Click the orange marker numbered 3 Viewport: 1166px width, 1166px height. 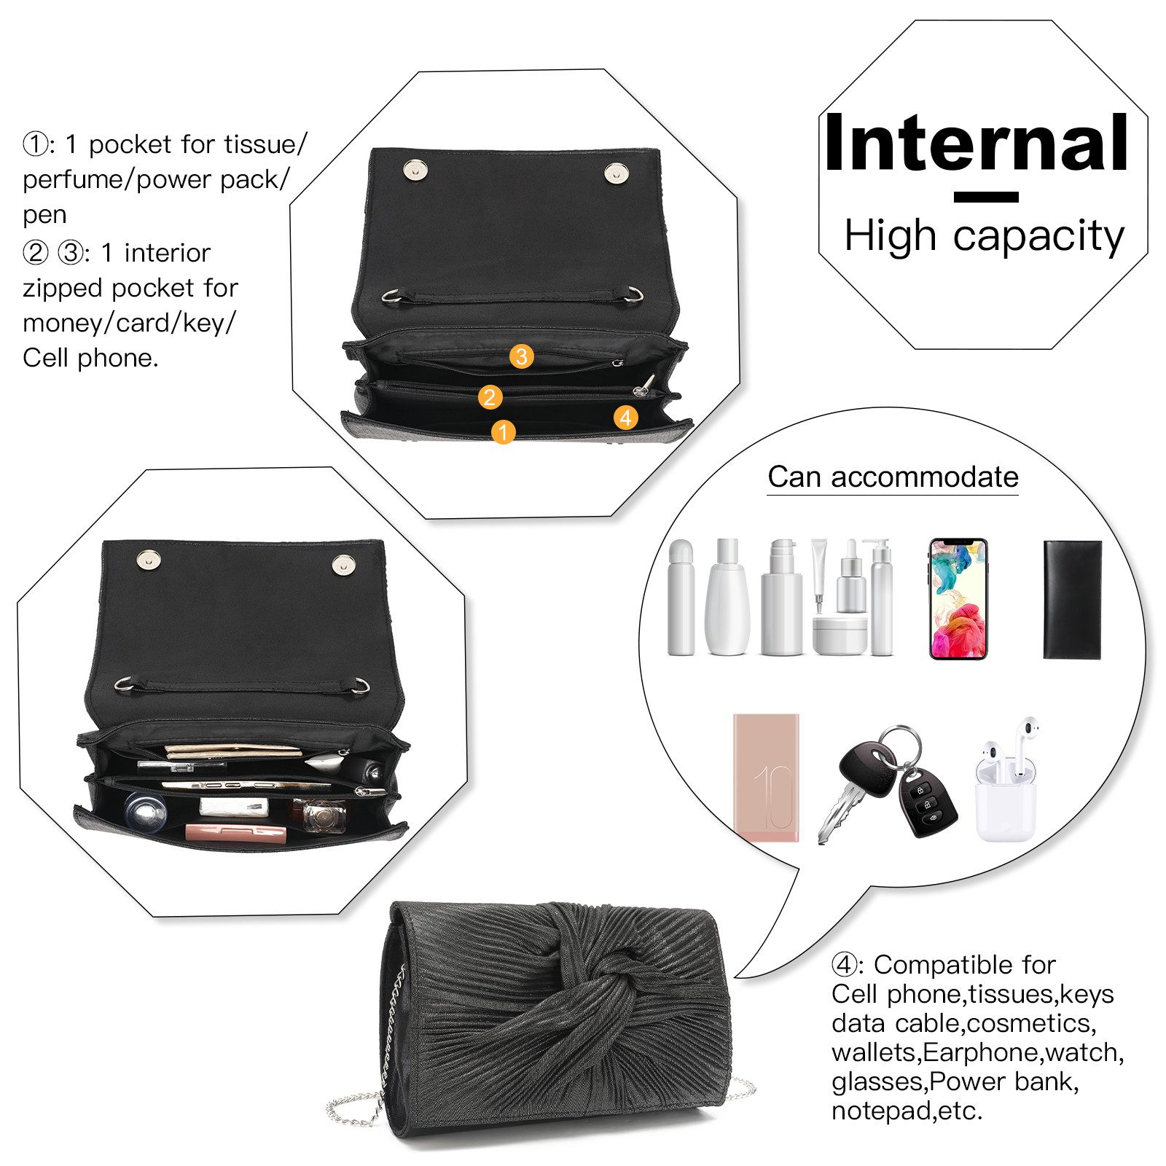coord(521,356)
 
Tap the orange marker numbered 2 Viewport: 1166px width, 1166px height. coord(490,397)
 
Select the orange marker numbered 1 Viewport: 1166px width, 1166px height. coord(503,431)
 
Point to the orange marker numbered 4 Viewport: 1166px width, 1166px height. coord(625,418)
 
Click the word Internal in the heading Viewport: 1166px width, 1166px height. coord(977,143)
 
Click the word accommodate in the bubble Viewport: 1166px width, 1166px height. coord(924,477)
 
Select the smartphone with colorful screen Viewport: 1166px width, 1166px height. coord(958,599)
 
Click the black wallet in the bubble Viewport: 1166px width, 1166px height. coord(1072,600)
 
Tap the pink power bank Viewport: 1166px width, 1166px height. coord(766,778)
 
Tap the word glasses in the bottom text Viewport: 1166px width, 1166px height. coord(877,1081)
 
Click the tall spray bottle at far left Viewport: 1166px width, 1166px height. coord(681,598)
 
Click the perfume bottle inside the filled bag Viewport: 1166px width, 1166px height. coord(321,816)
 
